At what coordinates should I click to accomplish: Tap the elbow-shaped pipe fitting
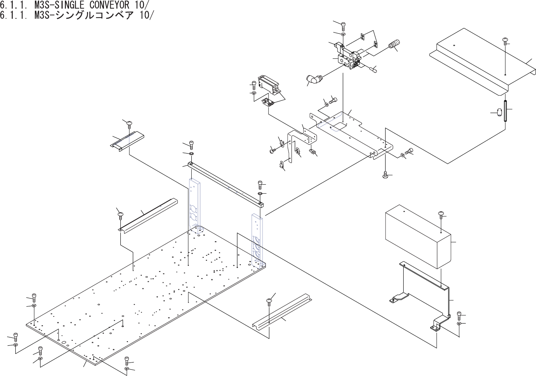pyautogui.click(x=313, y=79)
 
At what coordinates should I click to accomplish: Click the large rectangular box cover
pyautogui.click(x=416, y=236)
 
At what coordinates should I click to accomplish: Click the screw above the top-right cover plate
pyautogui.click(x=505, y=40)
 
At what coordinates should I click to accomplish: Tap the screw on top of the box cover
pyautogui.click(x=441, y=215)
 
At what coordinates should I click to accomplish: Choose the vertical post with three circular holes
pyautogui.click(x=257, y=240)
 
